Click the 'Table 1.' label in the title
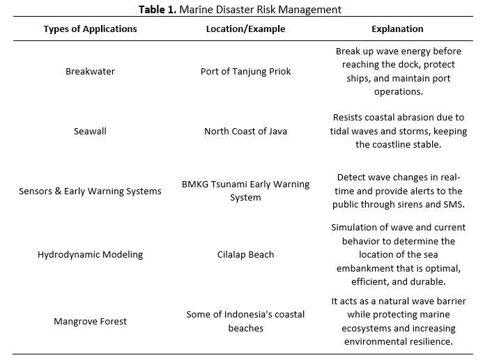tap(162, 9)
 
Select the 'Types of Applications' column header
tap(90, 29)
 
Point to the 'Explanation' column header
tap(397, 29)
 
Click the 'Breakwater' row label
tap(90, 72)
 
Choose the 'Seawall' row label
tap(90, 131)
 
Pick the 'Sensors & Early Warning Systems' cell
tap(90, 191)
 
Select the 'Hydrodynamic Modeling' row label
tap(90, 254)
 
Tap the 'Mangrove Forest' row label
tap(90, 321)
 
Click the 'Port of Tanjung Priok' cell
tap(245, 72)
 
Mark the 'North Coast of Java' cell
tap(245, 131)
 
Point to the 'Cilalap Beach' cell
tap(245, 254)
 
